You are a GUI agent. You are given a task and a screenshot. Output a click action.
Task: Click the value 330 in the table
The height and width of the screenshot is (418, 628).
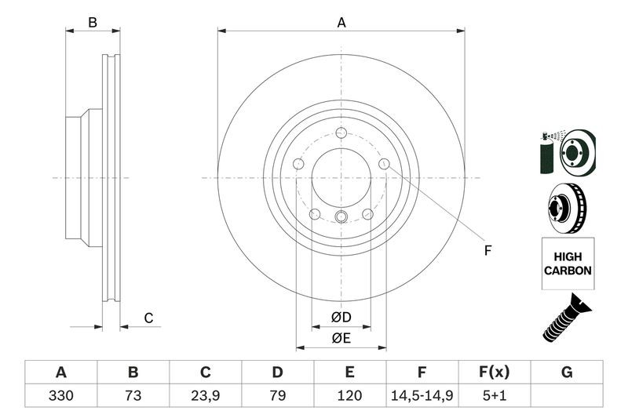tap(61, 395)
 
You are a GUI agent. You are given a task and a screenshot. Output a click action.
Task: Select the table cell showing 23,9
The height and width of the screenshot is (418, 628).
tap(206, 395)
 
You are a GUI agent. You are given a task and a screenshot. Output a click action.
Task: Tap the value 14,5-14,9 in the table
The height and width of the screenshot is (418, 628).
tap(422, 395)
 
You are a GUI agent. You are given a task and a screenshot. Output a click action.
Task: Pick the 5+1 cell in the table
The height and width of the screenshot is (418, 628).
tap(495, 395)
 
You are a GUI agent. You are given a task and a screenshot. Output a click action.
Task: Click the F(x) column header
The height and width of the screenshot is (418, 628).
tap(495, 373)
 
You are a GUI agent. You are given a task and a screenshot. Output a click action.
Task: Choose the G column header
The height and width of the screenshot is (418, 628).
tap(567, 373)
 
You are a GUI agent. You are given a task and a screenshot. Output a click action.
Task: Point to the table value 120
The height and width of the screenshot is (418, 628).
tap(349, 395)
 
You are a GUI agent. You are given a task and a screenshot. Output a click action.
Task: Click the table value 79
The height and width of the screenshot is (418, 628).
tap(278, 395)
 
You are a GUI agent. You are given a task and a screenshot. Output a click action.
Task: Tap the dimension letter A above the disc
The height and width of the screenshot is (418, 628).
tap(341, 23)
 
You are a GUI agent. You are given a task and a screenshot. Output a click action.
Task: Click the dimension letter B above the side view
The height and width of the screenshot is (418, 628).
tap(93, 23)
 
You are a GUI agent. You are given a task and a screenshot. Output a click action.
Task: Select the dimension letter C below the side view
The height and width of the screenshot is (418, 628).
tap(148, 318)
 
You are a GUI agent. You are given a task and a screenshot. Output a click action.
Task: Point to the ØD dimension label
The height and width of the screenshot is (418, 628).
tap(341, 318)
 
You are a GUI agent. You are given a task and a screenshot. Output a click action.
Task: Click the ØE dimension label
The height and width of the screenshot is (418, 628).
tap(341, 339)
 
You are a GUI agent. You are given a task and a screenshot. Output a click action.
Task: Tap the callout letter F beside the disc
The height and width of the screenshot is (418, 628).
tap(487, 251)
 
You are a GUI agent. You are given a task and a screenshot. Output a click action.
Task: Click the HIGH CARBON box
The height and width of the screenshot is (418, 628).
tap(568, 264)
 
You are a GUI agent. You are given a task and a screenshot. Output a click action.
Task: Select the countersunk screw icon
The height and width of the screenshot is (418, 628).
tap(566, 318)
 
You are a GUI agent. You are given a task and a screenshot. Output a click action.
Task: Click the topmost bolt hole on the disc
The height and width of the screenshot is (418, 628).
tap(341, 133)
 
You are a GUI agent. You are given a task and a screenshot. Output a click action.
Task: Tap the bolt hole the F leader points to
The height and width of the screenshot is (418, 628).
tap(384, 163)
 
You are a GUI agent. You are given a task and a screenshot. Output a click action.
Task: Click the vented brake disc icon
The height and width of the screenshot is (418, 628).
tap(567, 208)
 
